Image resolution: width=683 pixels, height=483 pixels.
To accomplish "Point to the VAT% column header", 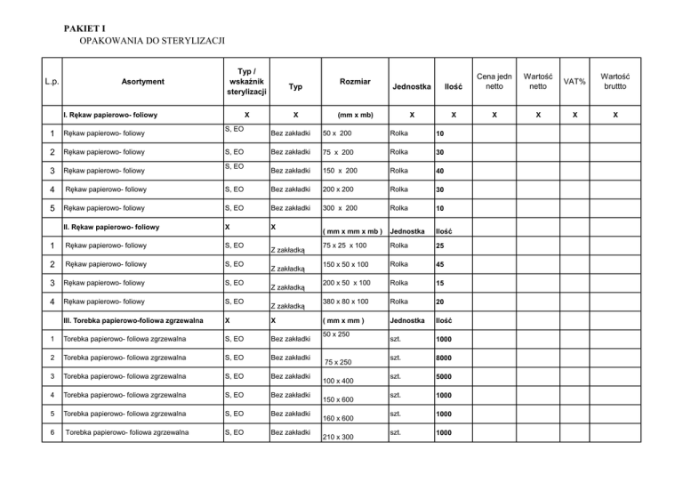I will point(574,82).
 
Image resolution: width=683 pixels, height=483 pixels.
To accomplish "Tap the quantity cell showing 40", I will point(441,171).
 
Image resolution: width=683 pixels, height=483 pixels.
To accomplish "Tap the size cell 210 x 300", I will point(337,438).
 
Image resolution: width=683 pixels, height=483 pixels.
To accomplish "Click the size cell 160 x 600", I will point(337,419).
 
